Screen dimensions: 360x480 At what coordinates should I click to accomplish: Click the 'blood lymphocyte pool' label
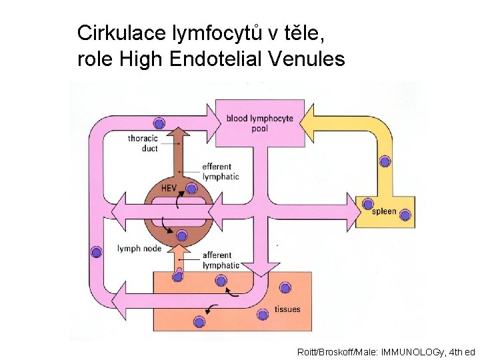pyautogui.click(x=259, y=123)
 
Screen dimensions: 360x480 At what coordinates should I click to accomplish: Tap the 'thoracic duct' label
pyautogui.click(x=143, y=143)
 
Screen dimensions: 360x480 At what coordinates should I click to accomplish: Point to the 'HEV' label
pyautogui.click(x=169, y=188)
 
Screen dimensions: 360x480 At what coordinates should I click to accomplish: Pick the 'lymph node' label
pyautogui.click(x=139, y=249)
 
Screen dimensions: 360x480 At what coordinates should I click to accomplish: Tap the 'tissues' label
pyautogui.click(x=287, y=309)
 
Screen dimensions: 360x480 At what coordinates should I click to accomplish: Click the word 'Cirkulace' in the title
pyautogui.click(x=121, y=32)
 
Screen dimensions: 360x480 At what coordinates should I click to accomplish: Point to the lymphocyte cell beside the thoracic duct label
pyautogui.click(x=159, y=123)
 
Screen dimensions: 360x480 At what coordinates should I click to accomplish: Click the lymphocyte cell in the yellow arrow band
pyautogui.click(x=385, y=161)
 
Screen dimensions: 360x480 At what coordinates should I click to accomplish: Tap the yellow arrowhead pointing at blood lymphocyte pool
pyautogui.click(x=309, y=122)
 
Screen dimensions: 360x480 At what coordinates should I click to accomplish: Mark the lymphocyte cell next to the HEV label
pyautogui.click(x=191, y=189)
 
